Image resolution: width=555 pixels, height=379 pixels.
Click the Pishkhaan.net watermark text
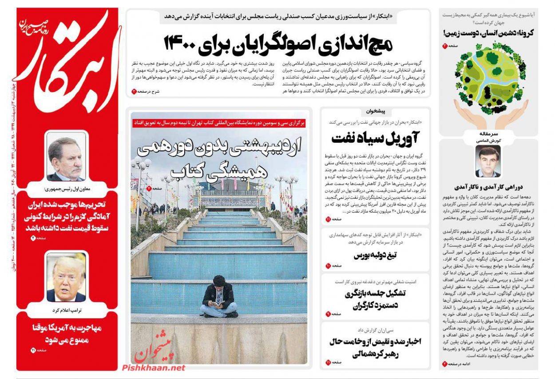(x=153, y=367)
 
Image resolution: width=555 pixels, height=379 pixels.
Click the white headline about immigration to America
(x=66, y=334)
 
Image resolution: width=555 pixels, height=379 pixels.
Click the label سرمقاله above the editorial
(x=488, y=133)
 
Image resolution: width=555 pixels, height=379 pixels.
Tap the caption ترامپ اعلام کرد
(x=66, y=310)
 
